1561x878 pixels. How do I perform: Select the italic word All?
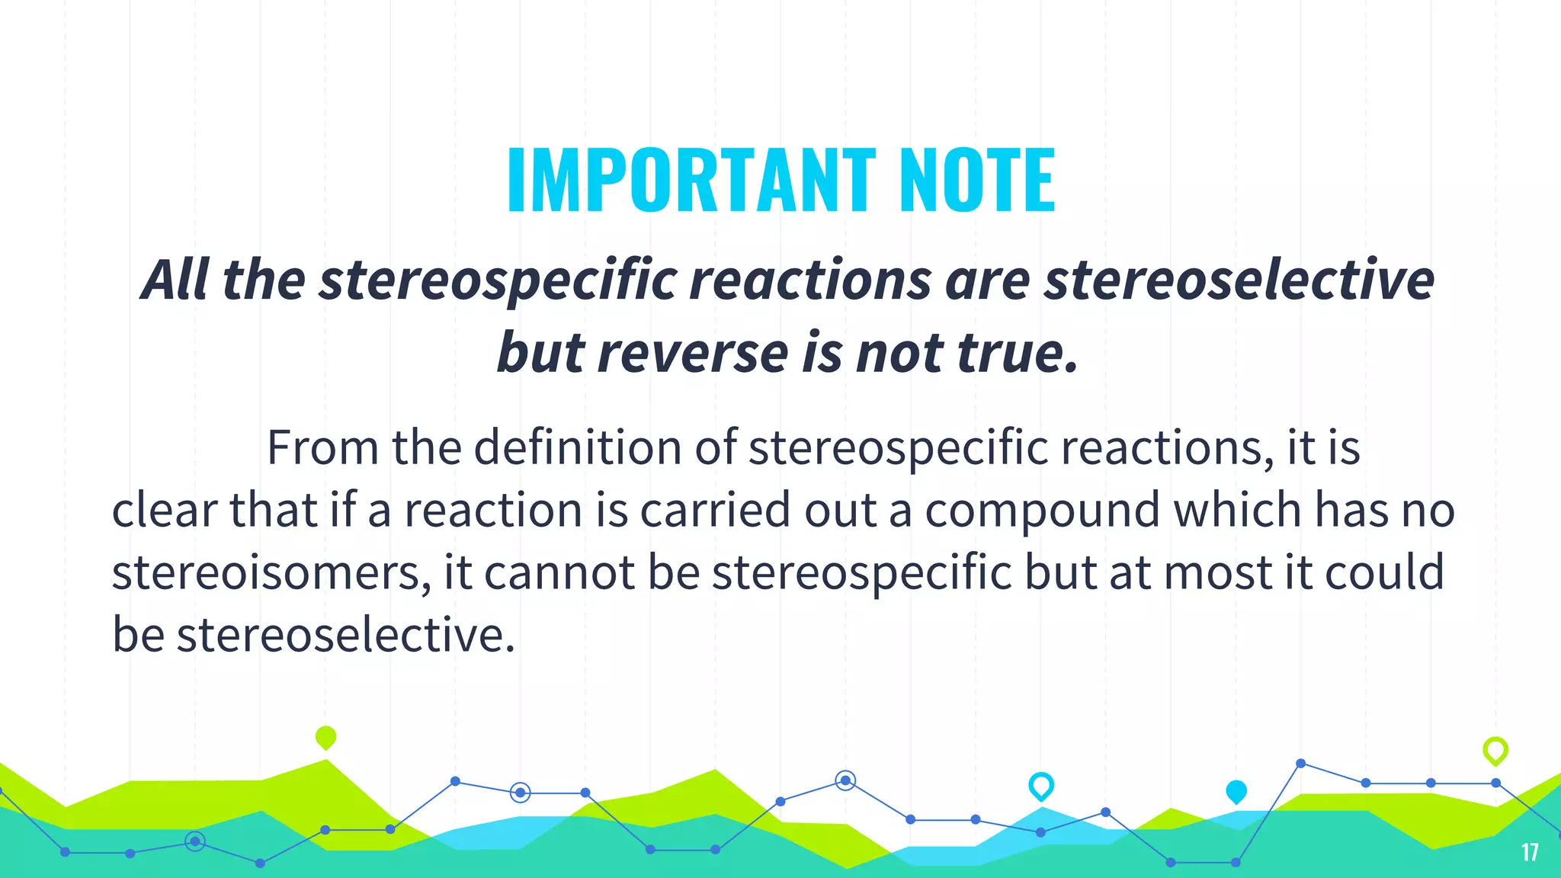(175, 280)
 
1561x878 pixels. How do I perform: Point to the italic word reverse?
(693, 354)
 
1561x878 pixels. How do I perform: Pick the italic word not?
(899, 354)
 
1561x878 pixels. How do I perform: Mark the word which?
(1237, 510)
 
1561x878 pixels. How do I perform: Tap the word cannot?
(559, 572)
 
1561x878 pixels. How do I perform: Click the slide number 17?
(1529, 852)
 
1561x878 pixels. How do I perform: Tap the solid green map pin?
(325, 738)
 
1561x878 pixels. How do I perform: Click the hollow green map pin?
(1495, 751)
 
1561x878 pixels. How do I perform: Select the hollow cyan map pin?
(1041, 786)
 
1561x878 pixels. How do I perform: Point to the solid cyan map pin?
(1236, 792)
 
